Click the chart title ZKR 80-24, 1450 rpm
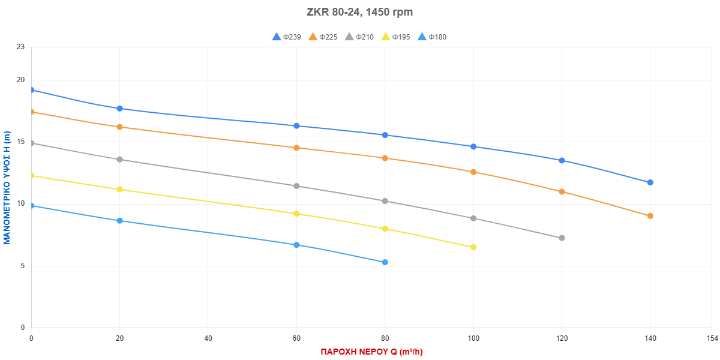(x=360, y=12)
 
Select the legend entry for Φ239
(x=286, y=37)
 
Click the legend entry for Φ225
(x=323, y=37)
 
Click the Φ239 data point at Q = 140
(x=650, y=182)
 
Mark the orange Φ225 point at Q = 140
(x=650, y=216)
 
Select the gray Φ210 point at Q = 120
(x=562, y=238)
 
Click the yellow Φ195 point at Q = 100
(x=473, y=247)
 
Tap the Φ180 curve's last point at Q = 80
(x=385, y=262)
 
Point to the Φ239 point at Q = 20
(x=119, y=109)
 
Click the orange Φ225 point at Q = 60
(x=296, y=148)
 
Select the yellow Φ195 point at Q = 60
(x=296, y=214)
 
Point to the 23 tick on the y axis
(x=21, y=47)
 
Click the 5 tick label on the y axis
(x=23, y=266)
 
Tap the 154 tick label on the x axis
(x=711, y=339)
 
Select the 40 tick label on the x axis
(x=208, y=339)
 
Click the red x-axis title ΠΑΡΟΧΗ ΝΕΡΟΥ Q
(x=371, y=352)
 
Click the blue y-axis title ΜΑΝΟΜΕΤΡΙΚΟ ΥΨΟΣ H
(x=7, y=187)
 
